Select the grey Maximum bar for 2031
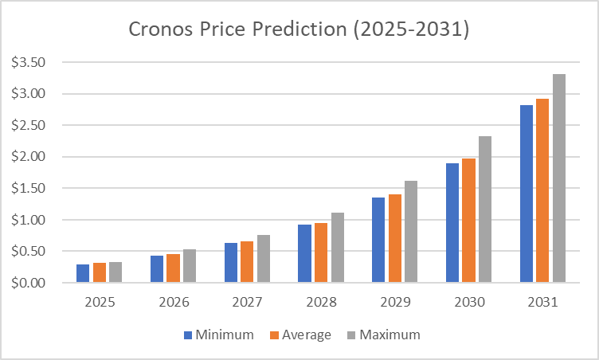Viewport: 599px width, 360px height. (559, 178)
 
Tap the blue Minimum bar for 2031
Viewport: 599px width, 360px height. (527, 194)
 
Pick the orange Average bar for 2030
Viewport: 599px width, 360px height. (469, 221)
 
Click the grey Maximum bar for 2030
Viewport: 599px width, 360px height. (485, 209)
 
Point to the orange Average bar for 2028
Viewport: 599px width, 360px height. (321, 252)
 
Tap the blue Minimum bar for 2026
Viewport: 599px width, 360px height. (157, 269)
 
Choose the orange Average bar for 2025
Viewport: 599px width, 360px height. (100, 272)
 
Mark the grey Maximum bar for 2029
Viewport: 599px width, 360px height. (411, 232)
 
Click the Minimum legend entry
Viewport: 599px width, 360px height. (219, 335)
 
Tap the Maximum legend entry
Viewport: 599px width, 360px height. (383, 335)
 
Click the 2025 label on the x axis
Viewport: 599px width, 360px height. (100, 303)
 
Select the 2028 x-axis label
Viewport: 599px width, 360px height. (321, 303)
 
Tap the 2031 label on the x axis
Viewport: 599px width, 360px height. (542, 303)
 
